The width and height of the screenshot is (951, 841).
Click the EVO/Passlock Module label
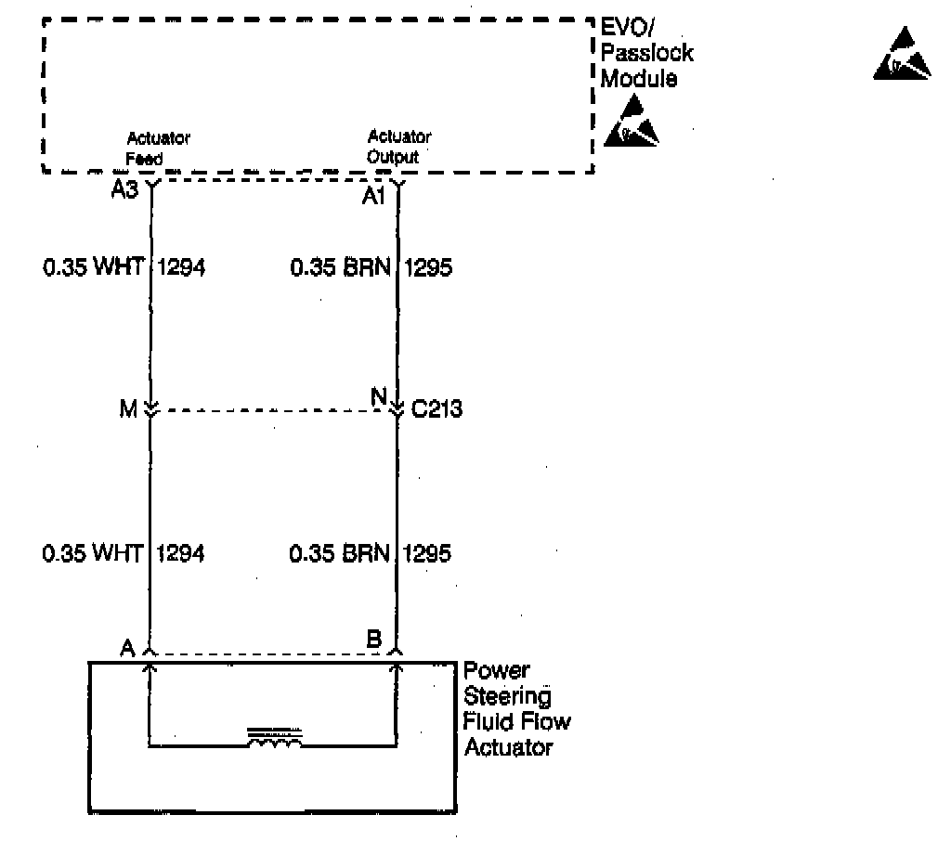point(646,53)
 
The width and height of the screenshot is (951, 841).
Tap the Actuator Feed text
point(157,149)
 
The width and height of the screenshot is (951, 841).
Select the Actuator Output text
point(398,147)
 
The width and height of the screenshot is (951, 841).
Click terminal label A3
point(125,193)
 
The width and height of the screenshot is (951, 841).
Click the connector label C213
point(437,408)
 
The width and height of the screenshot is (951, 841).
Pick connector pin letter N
point(378,396)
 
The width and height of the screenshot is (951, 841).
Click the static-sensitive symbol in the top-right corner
point(903,56)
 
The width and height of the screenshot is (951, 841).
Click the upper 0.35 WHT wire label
point(92,268)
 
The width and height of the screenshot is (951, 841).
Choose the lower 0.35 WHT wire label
point(92,554)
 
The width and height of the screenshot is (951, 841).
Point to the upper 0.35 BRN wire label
point(340,268)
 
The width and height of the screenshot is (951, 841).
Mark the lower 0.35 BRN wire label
point(340,554)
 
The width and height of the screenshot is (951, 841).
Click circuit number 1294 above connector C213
point(182,268)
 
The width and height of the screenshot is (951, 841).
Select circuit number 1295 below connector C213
point(429,554)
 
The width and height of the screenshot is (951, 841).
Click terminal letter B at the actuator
point(373,640)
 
